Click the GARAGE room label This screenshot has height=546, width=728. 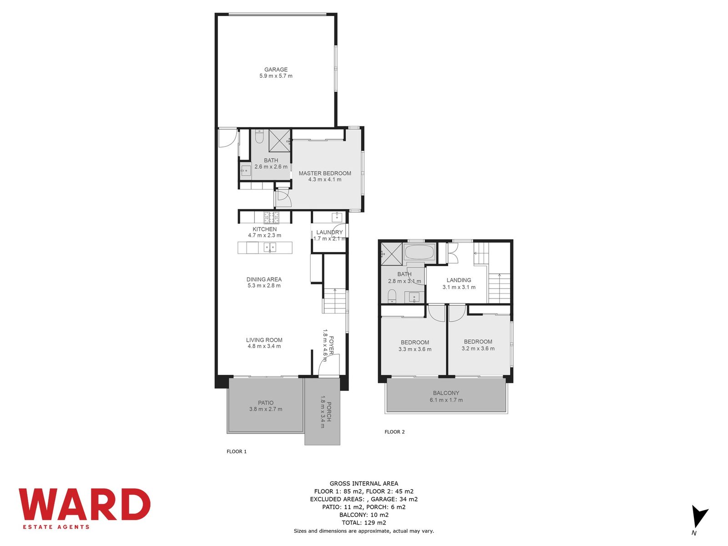coord(276,70)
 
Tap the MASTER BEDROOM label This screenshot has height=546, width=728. coord(325,173)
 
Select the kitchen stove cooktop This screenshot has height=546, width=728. coord(271,217)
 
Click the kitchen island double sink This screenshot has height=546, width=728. coord(270,248)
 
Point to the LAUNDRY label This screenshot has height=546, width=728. coord(329,232)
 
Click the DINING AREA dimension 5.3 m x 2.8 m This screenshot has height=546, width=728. coord(264,285)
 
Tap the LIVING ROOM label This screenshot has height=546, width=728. coord(264,340)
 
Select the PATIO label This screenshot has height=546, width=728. coord(266,403)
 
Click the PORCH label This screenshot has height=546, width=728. coord(329,411)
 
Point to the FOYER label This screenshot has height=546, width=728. coord(331,345)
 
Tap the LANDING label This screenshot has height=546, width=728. coord(459,280)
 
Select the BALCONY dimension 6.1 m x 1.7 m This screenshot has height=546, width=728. coord(446,400)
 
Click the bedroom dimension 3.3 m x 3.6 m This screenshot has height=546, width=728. coord(415,349)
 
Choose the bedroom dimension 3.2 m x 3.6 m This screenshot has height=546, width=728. coord(478,349)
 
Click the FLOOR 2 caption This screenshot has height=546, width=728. coord(394,432)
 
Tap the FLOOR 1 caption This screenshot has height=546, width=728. coord(237,451)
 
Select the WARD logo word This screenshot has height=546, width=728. coord(85,504)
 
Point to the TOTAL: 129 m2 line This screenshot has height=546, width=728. coord(364,523)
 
